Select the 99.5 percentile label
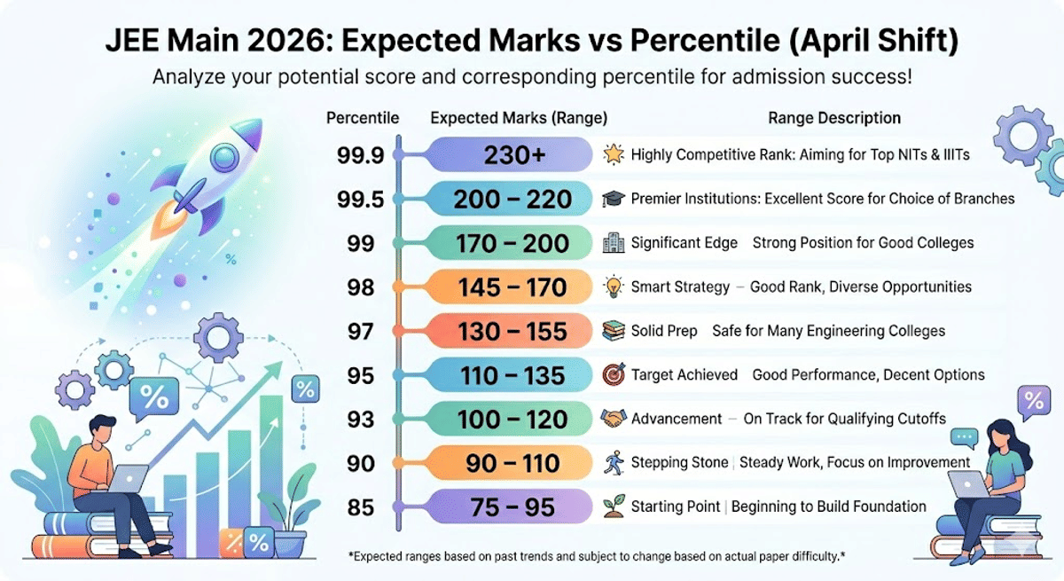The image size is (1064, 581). click(x=360, y=200)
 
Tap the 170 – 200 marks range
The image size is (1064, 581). click(x=512, y=244)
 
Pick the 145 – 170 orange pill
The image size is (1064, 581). click(x=512, y=287)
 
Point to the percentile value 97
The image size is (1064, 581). click(x=360, y=332)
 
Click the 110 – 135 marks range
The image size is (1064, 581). click(x=512, y=375)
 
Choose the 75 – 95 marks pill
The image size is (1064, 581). click(x=512, y=507)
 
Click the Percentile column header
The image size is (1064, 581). click(x=363, y=118)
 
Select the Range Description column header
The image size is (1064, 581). click(x=833, y=118)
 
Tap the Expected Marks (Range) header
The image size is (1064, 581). click(x=519, y=118)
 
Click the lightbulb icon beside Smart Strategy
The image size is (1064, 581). click(x=613, y=287)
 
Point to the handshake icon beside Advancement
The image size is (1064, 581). click(x=613, y=419)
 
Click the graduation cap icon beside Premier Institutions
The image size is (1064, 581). click(x=613, y=199)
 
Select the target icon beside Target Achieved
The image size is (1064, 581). click(x=613, y=374)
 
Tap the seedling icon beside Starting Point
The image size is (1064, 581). click(x=613, y=506)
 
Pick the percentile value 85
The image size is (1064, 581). click(x=360, y=508)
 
